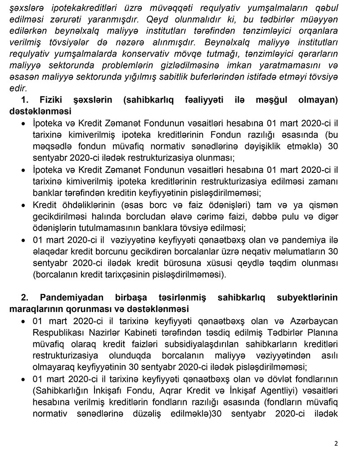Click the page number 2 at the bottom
click(336, 443)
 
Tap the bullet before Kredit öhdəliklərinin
click(23, 205)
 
